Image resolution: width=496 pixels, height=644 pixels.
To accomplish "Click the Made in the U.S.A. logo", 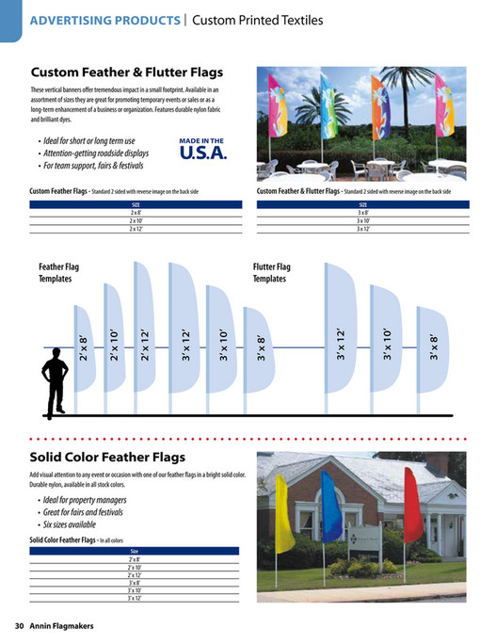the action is coord(201,149).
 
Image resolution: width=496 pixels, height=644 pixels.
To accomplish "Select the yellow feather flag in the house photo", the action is coord(283,514).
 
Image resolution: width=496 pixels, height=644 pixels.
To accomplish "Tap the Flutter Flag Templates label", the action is coord(272,273).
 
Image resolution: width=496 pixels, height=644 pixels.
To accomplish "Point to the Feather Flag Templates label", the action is coord(59,273).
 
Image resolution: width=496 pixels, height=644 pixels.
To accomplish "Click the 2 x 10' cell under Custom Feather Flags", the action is coord(136,221).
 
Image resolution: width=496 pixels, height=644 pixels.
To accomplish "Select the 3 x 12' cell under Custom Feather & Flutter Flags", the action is coord(363,229).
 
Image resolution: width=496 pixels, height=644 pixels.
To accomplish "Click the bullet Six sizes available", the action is coord(70,524).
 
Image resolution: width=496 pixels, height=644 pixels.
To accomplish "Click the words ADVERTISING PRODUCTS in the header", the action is coord(105,20).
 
